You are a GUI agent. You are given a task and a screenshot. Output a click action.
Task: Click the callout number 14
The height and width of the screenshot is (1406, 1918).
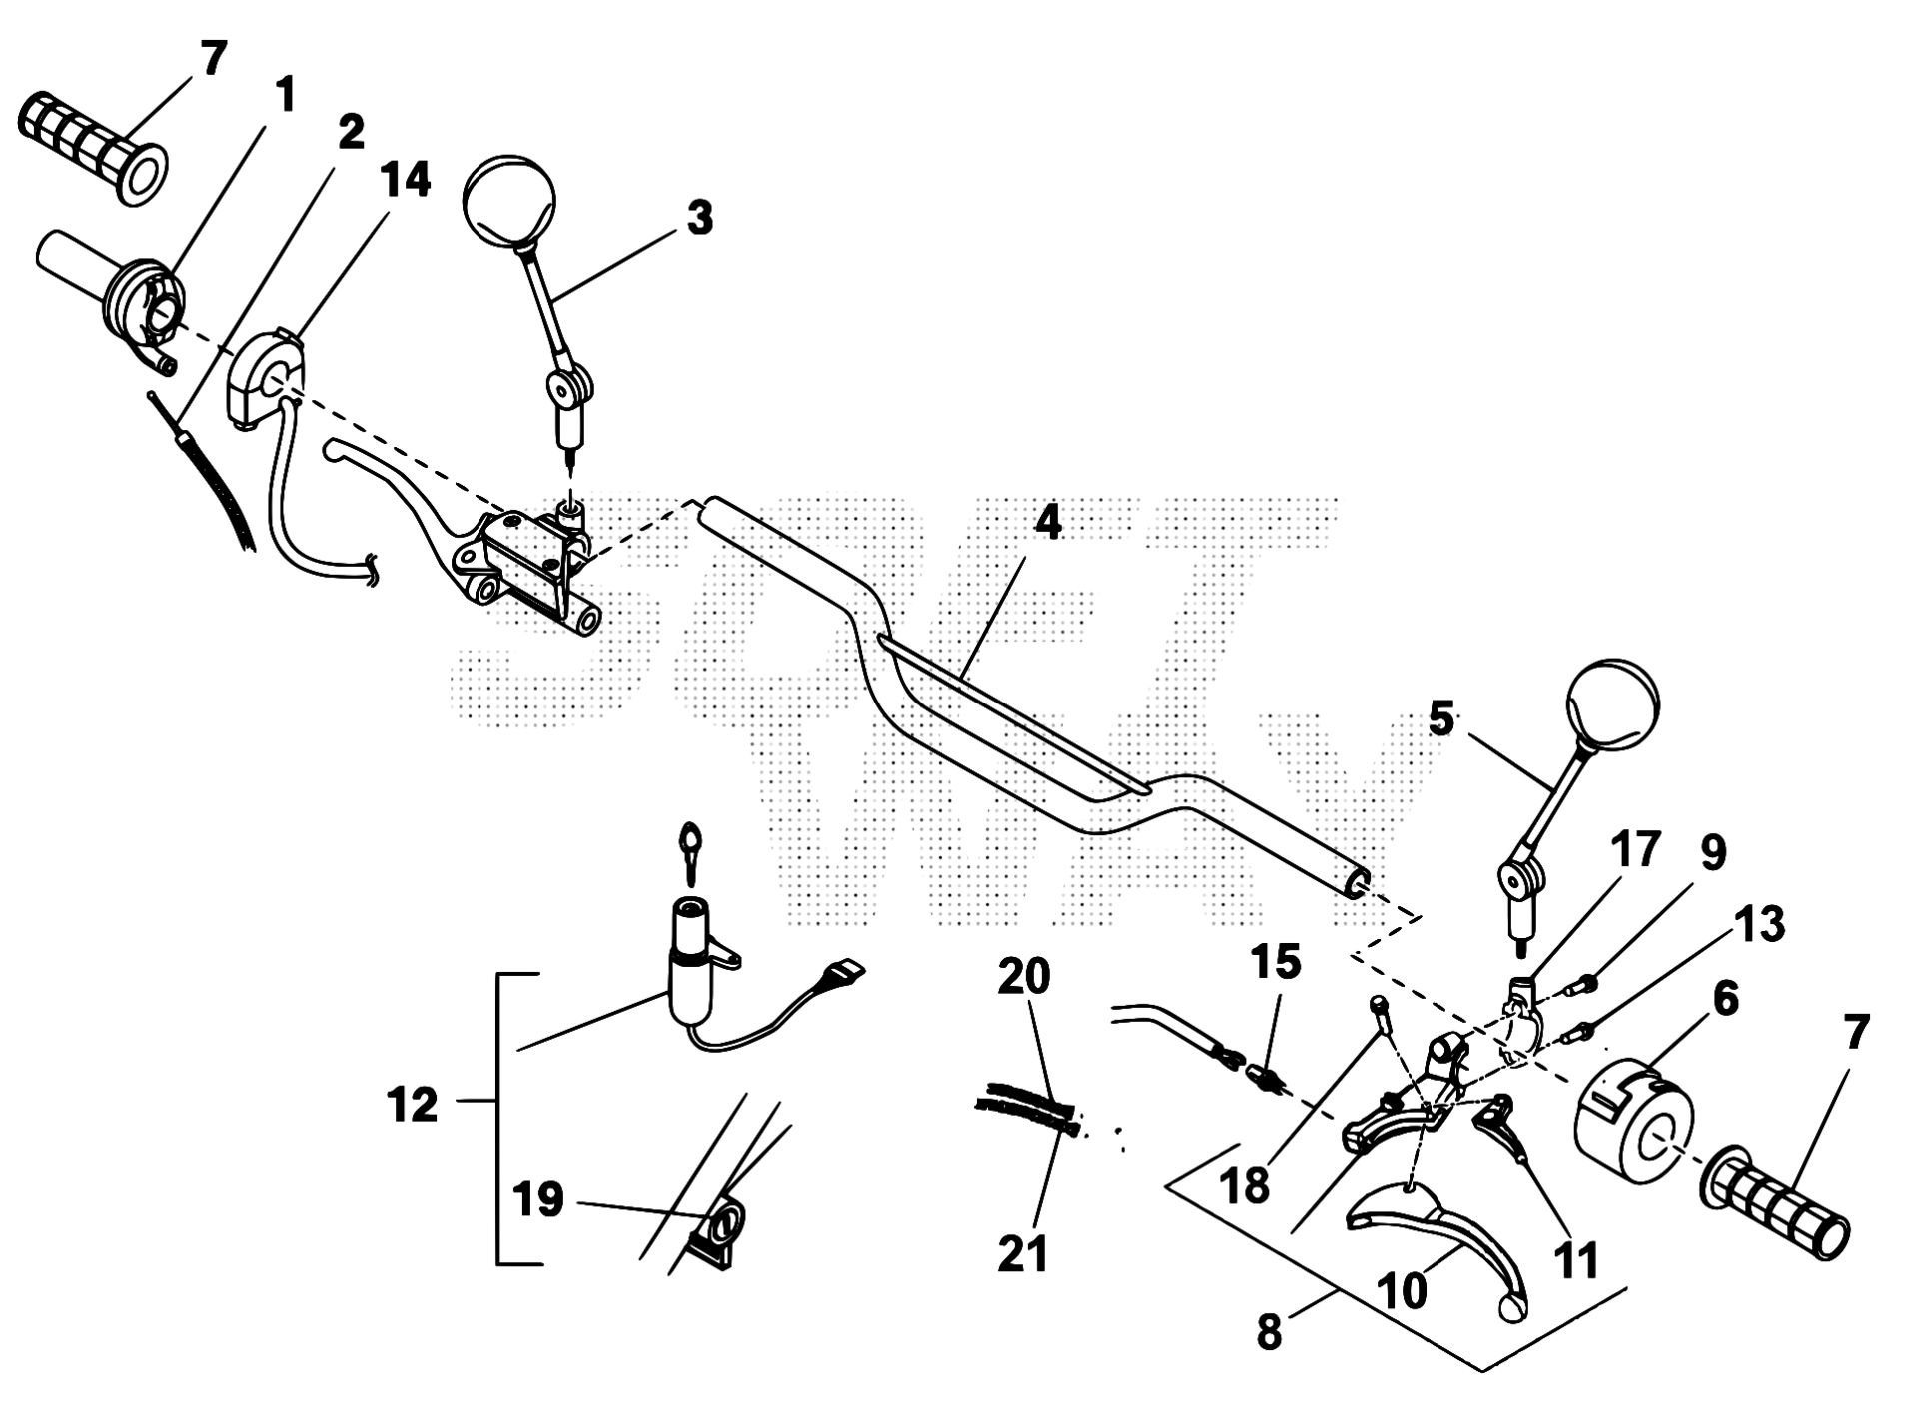405,181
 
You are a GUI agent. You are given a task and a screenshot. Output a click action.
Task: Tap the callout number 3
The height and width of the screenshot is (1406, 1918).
700,218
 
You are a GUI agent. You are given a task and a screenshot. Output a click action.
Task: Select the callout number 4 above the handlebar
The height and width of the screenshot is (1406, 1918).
1046,523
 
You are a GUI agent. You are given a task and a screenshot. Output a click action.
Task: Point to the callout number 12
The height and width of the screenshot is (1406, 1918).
413,1106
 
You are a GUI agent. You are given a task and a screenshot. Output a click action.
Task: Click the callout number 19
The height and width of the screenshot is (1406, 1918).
539,1199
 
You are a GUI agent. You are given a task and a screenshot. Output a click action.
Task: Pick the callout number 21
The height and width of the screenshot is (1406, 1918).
1023,1253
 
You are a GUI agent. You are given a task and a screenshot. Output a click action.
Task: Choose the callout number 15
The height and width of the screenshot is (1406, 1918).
1276,962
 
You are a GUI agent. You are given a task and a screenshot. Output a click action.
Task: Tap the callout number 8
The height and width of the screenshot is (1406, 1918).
1269,1333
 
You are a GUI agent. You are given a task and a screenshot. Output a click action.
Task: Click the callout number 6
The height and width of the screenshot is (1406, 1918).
1724,999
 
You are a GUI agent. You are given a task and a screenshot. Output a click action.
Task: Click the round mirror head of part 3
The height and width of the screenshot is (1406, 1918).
508,199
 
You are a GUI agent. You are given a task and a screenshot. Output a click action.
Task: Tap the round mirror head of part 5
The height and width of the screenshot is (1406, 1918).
1613,705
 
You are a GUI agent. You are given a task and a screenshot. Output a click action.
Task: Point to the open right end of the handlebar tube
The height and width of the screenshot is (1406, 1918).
1357,884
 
